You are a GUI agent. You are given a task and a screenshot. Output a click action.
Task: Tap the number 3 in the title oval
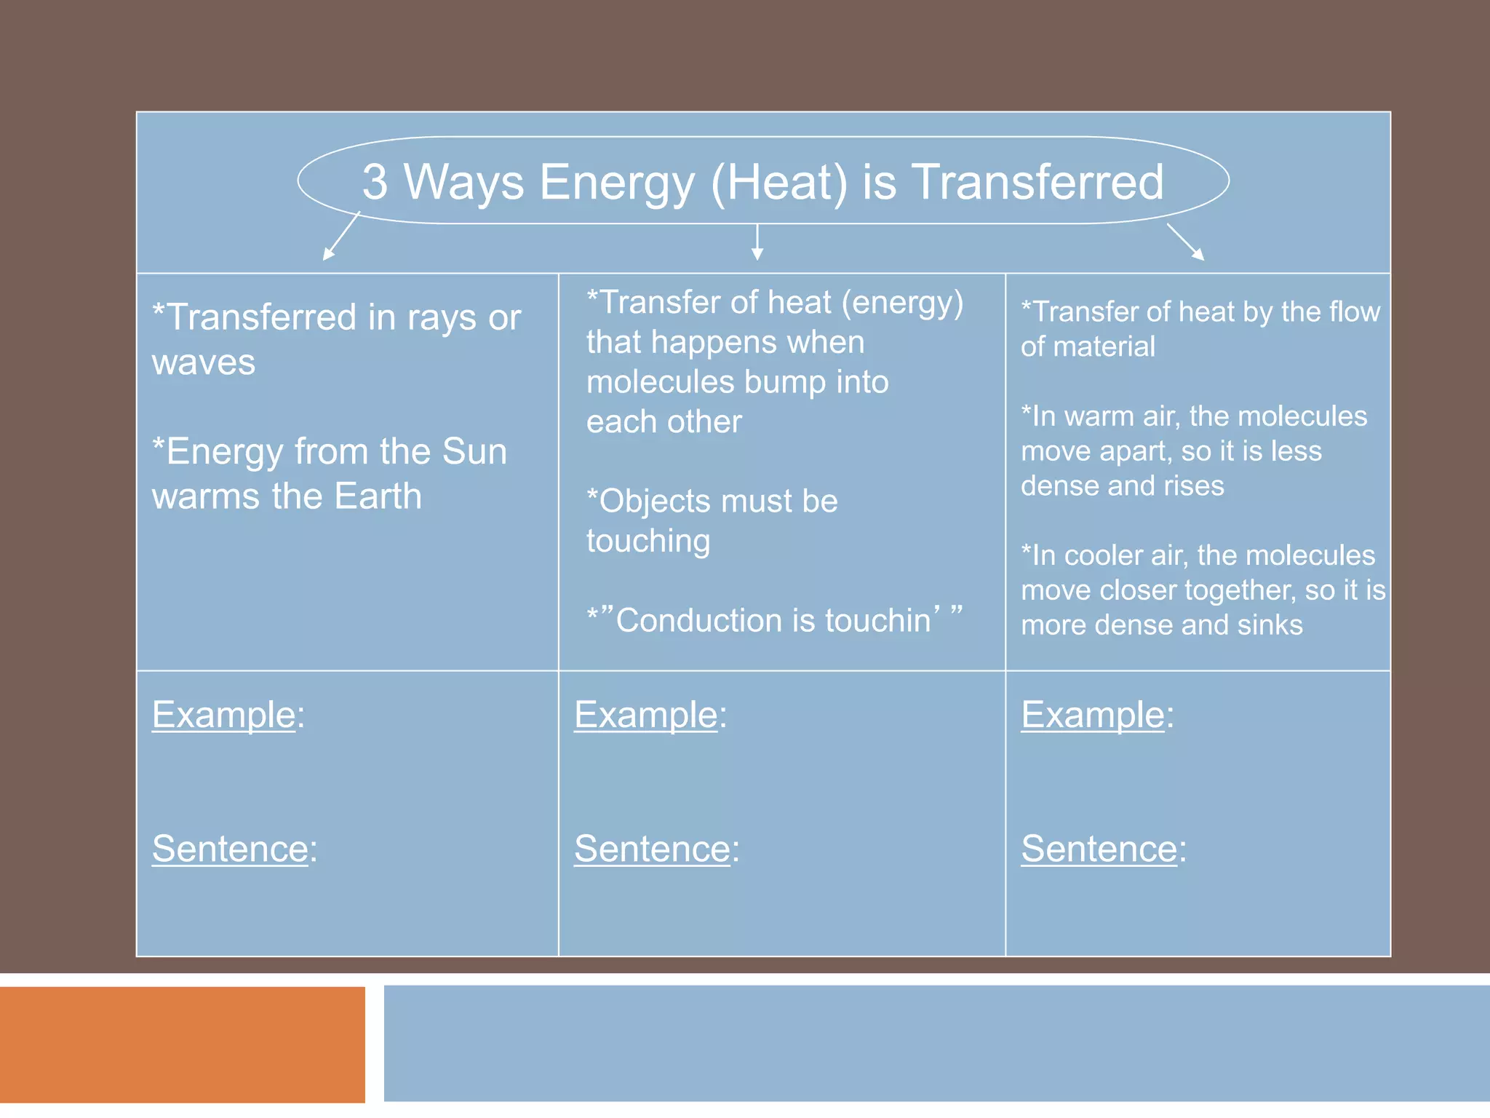[375, 182]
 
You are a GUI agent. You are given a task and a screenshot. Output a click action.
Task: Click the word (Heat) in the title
[779, 182]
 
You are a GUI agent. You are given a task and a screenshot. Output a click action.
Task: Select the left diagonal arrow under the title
[340, 237]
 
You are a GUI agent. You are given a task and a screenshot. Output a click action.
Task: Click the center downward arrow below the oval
[757, 242]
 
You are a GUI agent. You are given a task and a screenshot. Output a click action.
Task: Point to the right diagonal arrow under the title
[1186, 242]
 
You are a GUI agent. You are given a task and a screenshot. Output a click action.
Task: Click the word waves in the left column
[204, 362]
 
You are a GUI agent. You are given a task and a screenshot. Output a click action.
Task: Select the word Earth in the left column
[378, 496]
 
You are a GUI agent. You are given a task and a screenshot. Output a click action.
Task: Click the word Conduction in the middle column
[699, 621]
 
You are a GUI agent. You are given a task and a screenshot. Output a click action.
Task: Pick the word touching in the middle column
[648, 542]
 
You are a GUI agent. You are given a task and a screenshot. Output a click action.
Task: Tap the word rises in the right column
[1192, 486]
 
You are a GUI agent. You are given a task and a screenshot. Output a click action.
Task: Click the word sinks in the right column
[1270, 625]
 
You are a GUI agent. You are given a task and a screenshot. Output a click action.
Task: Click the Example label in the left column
[223, 715]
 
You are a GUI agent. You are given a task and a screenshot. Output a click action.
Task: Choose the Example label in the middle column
[646, 715]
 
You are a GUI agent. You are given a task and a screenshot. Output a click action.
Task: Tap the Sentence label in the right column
[1099, 849]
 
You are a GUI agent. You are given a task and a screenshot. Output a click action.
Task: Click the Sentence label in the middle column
[652, 849]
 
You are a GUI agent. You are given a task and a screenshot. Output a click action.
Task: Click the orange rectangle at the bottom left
[182, 1044]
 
